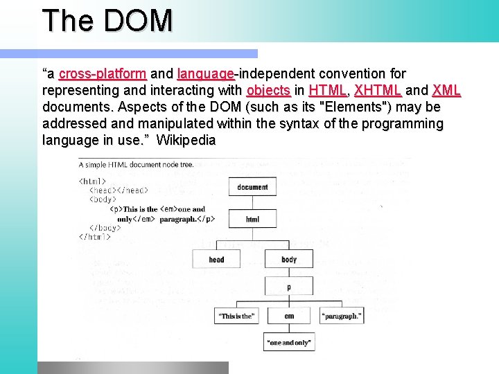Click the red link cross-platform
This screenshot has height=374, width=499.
102,73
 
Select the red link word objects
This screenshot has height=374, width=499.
268,90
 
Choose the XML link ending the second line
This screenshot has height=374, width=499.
446,90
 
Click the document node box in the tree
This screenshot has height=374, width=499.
252,187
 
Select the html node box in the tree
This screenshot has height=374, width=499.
252,220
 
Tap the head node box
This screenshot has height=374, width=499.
216,260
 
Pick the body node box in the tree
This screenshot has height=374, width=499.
289,260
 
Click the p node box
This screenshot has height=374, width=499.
289,286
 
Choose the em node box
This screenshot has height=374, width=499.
289,317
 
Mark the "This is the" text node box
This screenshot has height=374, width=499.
236,317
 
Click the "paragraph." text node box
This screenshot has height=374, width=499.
341,317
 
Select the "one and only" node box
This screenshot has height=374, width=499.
288,342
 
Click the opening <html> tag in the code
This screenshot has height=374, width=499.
93,181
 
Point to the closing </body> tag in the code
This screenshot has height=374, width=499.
105,227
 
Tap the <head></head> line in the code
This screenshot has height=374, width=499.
119,190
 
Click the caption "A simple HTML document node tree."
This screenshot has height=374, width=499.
137,165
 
